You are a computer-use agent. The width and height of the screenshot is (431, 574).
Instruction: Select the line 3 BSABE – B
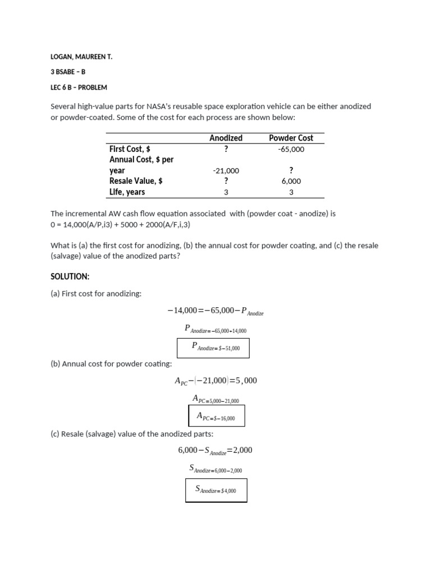pos(68,72)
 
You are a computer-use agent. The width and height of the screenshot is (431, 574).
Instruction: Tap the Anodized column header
pos(226,138)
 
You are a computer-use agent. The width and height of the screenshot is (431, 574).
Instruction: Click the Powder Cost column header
pos(291,138)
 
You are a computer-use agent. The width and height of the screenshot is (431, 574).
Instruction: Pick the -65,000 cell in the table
pos(291,149)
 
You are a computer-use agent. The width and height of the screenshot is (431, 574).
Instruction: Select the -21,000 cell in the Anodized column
pos(226,170)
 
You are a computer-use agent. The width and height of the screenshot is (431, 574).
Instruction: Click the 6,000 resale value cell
pos(291,181)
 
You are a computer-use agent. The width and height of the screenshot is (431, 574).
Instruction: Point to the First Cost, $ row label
pos(130,149)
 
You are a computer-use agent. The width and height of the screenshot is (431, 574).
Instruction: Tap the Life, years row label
pos(127,192)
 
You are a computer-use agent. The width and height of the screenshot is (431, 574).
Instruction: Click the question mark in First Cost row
pos(226,149)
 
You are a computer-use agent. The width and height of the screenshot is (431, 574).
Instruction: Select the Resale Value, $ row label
pos(136,181)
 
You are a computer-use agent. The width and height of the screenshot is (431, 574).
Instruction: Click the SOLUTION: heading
pos(70,277)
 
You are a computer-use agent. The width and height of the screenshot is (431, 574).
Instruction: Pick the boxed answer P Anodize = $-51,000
pos(213,348)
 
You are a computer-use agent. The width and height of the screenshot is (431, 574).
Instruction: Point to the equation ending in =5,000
pos(215,381)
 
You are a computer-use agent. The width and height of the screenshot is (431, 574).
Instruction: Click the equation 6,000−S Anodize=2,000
pos(215,450)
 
